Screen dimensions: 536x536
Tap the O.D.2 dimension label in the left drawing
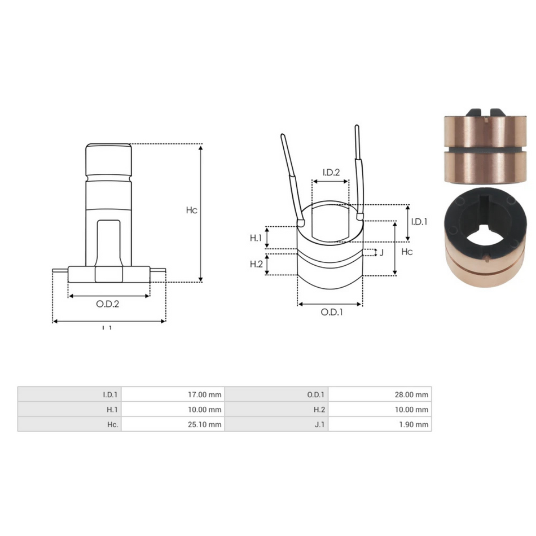(108, 304)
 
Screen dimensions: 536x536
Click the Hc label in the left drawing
(191, 210)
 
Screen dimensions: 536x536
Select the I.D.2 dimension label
(331, 172)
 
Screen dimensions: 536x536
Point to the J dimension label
(381, 252)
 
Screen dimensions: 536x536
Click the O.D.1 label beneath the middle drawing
(332, 312)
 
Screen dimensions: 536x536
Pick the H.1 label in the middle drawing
(256, 238)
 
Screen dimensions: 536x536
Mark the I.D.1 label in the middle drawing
(419, 222)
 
